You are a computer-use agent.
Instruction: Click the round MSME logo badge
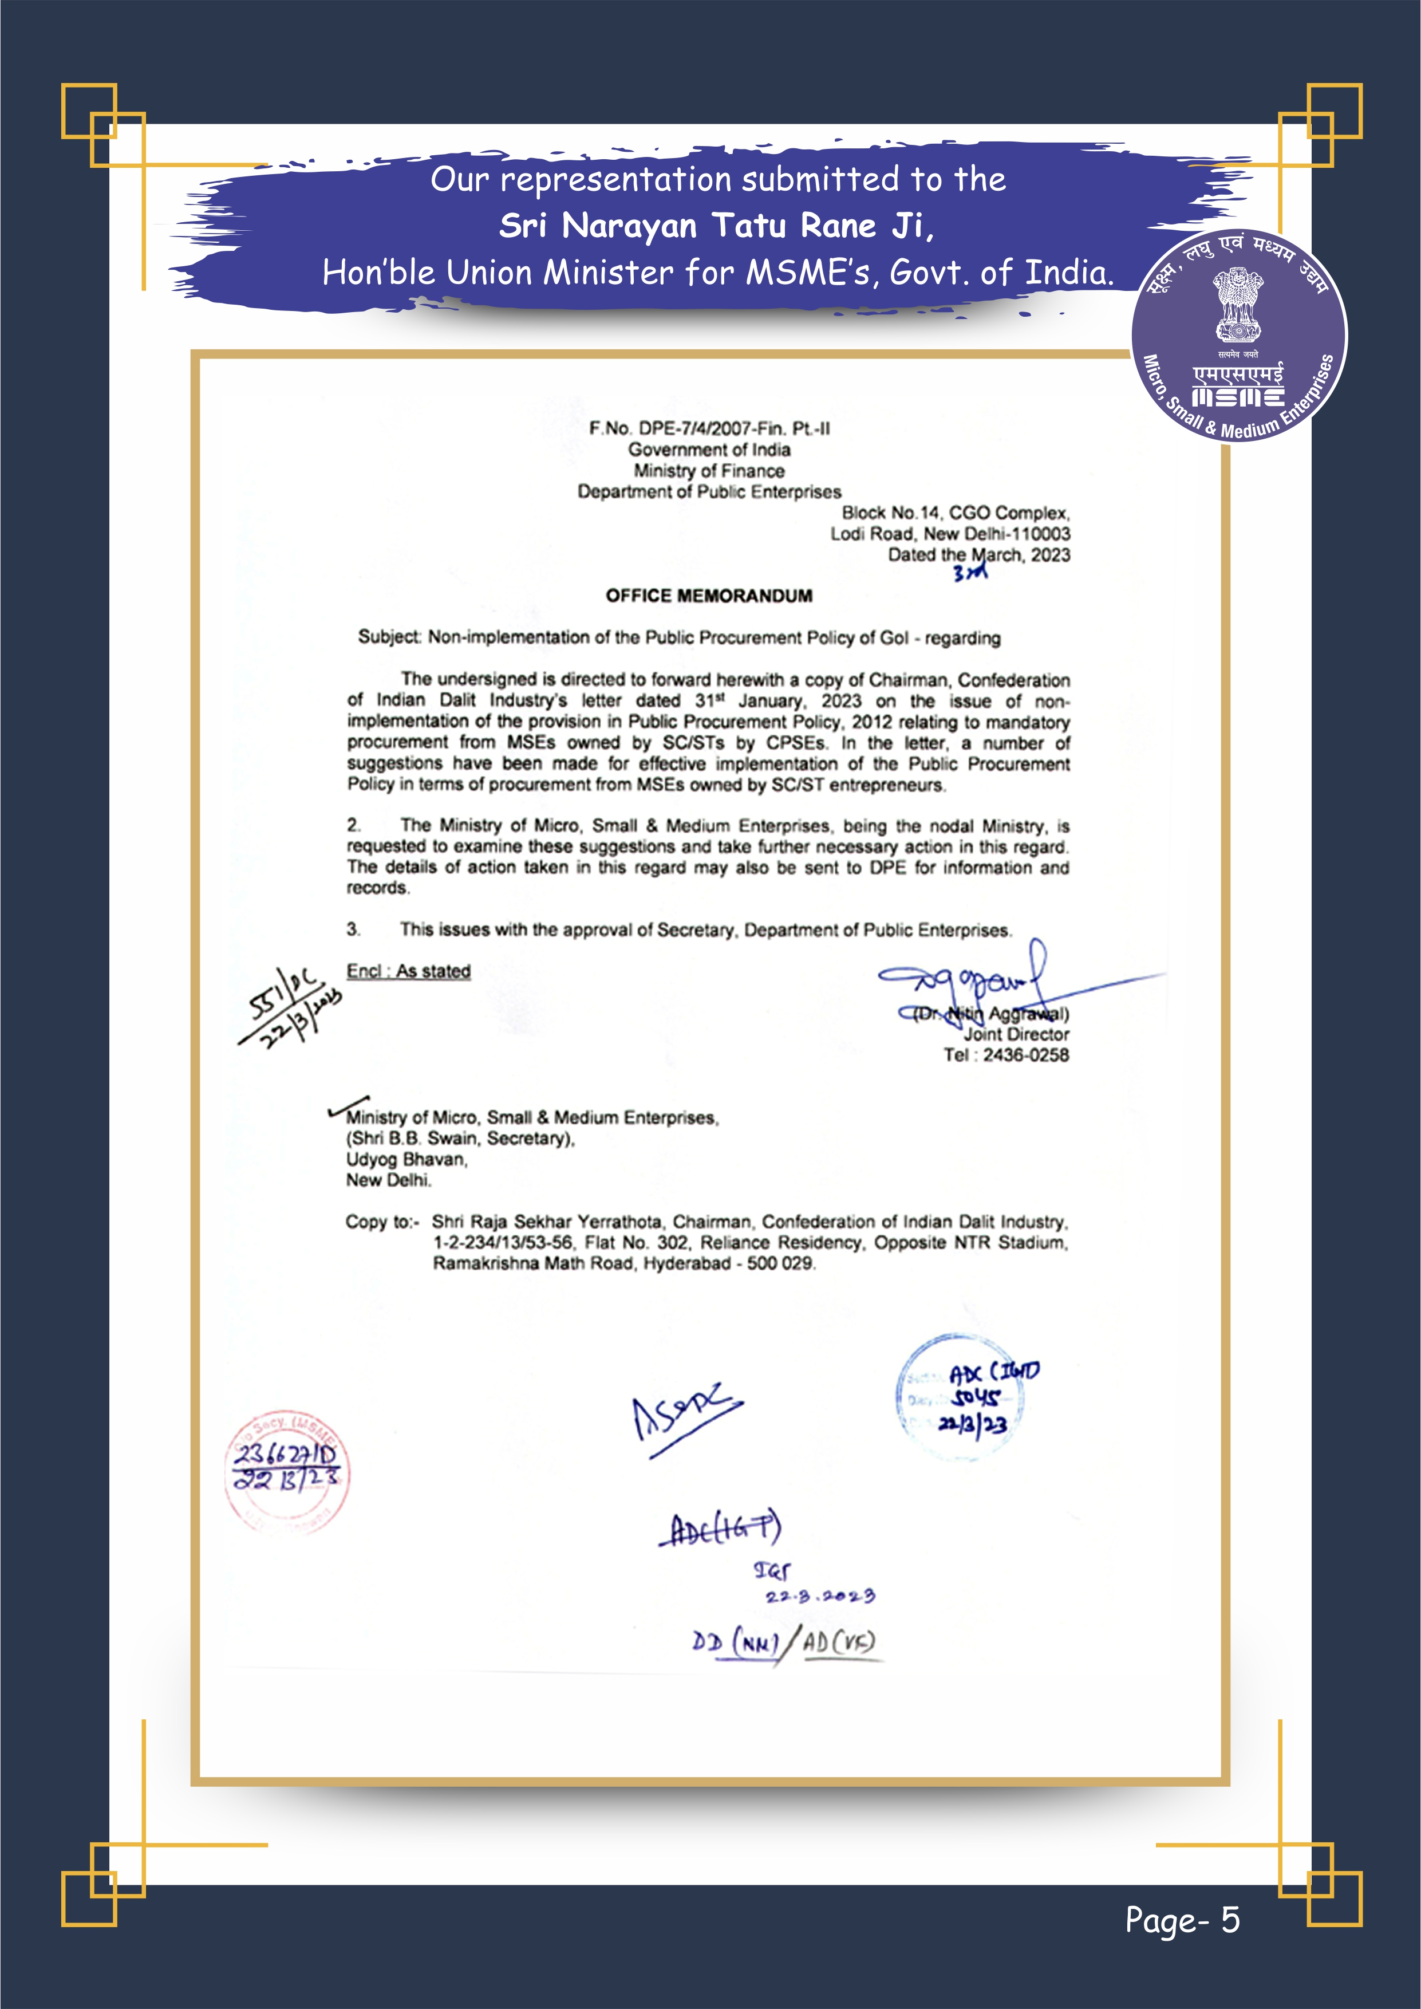point(1239,337)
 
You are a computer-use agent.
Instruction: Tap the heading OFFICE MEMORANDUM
point(709,596)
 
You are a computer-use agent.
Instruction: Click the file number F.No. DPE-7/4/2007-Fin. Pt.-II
point(709,429)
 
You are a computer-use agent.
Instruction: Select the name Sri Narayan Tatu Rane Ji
point(716,226)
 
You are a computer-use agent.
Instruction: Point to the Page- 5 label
point(1182,1920)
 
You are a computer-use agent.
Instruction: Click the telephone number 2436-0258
point(1025,1055)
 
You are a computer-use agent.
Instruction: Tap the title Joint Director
point(1016,1034)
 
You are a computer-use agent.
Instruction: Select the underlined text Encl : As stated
point(409,971)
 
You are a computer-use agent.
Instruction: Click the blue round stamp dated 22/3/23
point(961,1399)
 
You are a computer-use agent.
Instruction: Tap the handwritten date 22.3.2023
point(819,1596)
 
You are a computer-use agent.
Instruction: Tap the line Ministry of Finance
point(709,471)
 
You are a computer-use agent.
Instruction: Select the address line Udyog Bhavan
point(407,1159)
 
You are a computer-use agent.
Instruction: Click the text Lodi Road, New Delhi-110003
point(950,534)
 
